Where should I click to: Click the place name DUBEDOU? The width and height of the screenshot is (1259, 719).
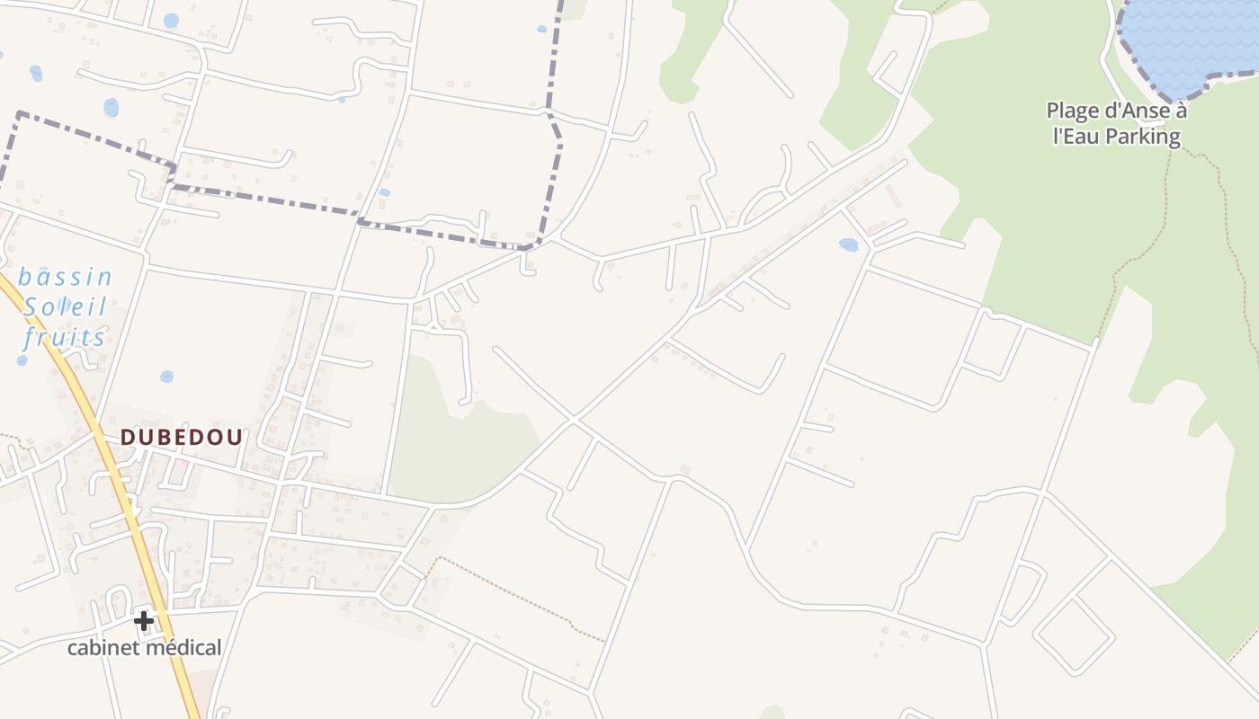[x=182, y=437]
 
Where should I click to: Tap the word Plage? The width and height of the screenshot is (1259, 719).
[x=1073, y=111]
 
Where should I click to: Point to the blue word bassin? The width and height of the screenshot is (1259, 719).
[x=66, y=277]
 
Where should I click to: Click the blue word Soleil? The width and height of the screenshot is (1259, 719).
[x=66, y=307]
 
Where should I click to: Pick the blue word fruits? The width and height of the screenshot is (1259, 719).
[x=65, y=338]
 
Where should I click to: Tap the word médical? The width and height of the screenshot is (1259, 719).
[x=183, y=647]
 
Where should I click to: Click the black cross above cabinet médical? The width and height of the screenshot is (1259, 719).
[x=144, y=621]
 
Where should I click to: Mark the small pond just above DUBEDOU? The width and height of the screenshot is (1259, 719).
[x=166, y=377]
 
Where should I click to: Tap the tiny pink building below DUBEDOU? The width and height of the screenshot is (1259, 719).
[x=183, y=464]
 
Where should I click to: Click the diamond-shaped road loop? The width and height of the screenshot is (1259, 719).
[x=1074, y=635]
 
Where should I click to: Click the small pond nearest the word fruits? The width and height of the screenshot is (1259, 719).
[x=22, y=360]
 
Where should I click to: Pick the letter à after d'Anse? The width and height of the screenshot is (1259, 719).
[x=1181, y=111]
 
